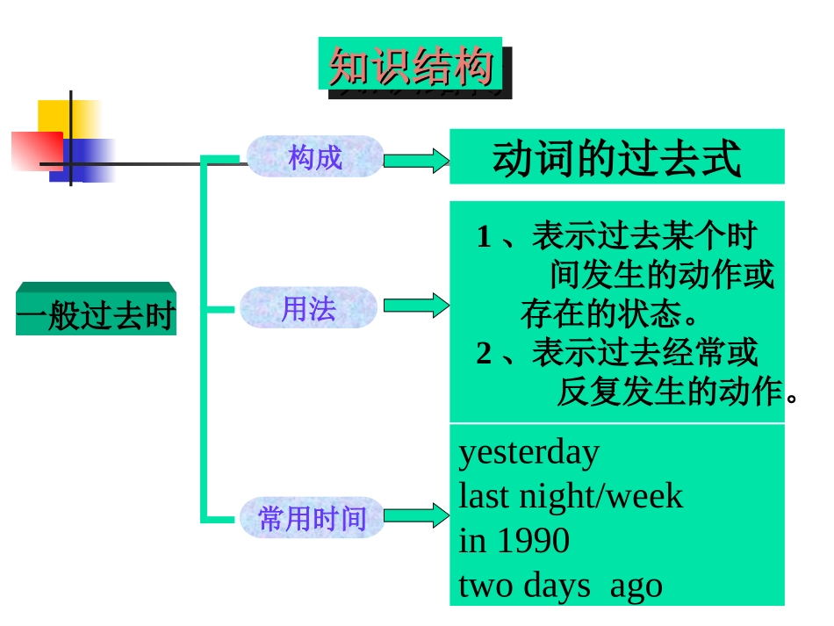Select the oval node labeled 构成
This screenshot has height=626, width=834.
(315, 158)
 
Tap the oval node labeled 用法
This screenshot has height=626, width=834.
(308, 308)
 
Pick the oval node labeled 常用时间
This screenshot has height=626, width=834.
(312, 518)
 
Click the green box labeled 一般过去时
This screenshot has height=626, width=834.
(96, 313)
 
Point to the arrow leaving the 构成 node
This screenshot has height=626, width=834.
(417, 161)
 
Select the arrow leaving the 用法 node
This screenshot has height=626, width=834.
(416, 306)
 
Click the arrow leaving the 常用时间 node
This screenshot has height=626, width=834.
(416, 515)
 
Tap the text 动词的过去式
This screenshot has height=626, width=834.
(616, 159)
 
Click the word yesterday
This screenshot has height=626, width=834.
(529, 453)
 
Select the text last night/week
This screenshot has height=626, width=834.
(571, 497)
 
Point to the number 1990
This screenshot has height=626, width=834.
(533, 541)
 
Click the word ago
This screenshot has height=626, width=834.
(636, 586)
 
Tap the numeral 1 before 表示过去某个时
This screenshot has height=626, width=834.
(484, 237)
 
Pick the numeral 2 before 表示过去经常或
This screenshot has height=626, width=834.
(485, 353)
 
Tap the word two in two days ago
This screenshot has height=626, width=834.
(486, 586)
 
